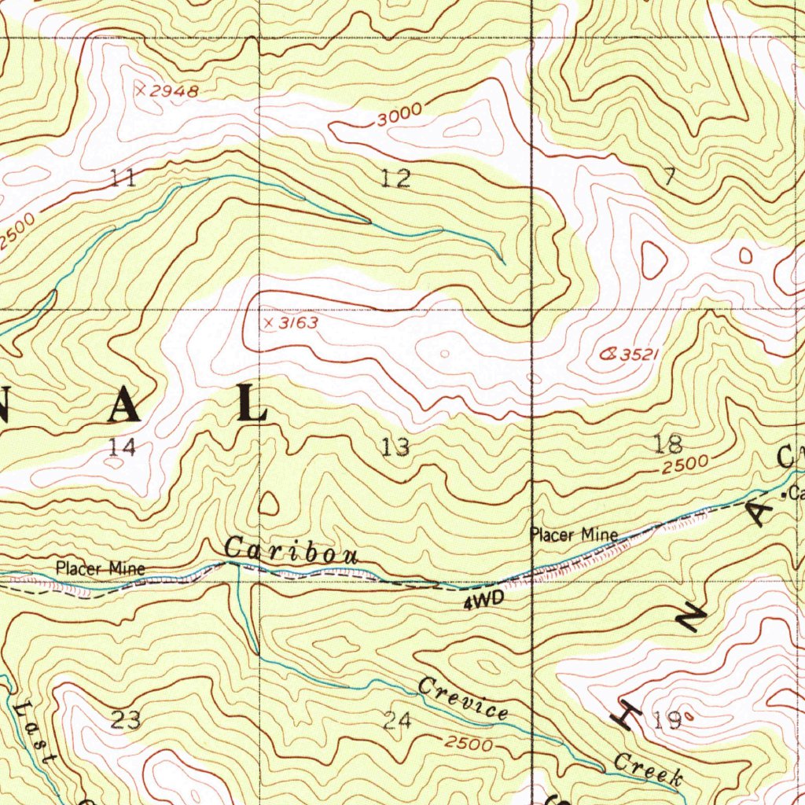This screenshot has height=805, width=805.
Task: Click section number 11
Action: pyautogui.click(x=123, y=178)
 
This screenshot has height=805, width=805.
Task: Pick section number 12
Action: pyautogui.click(x=395, y=178)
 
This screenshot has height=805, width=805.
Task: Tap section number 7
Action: pyautogui.click(x=668, y=178)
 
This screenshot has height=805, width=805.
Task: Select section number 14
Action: pyautogui.click(x=123, y=447)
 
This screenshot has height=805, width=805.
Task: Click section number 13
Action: pyautogui.click(x=395, y=447)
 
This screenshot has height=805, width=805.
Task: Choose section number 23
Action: pyautogui.click(x=126, y=719)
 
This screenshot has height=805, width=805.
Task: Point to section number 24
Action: pyautogui.click(x=398, y=719)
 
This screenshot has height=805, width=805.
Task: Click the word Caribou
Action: pyautogui.click(x=292, y=551)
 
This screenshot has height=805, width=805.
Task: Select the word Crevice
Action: pyautogui.click(x=463, y=697)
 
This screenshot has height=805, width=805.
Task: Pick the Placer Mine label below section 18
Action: pyautogui.click(x=574, y=536)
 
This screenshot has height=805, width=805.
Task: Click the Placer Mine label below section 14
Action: pyautogui.click(x=100, y=568)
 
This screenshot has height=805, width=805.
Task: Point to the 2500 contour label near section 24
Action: pyautogui.click(x=468, y=743)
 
